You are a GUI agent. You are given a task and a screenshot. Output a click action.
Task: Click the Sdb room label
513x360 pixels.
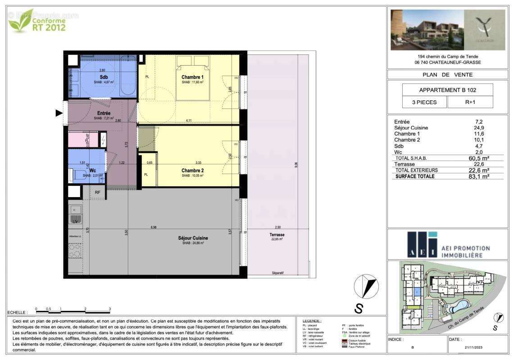click(x=104, y=77)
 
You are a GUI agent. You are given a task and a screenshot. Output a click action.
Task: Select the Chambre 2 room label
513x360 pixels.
click(x=193, y=171)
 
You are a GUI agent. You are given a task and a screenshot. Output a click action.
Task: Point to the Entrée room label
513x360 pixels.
click(x=104, y=113)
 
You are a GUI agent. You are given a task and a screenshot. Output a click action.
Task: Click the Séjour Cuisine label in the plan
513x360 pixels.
click(x=193, y=238)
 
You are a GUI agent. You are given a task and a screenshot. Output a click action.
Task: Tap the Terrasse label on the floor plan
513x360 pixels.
click(x=277, y=234)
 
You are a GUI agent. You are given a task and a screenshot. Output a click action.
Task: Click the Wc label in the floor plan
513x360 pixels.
click(x=92, y=171)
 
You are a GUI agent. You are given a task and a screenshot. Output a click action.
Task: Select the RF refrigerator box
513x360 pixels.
click(x=98, y=193)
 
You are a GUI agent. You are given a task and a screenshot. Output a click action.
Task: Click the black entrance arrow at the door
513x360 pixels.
click(x=59, y=113)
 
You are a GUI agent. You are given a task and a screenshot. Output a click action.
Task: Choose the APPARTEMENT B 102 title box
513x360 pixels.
click(x=447, y=90)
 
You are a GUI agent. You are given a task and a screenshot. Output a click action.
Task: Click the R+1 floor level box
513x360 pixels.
click(x=470, y=102)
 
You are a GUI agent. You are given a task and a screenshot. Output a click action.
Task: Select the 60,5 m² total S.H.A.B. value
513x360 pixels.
click(x=479, y=158)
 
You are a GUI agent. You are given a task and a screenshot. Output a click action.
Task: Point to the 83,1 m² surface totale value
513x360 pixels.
click(x=479, y=176)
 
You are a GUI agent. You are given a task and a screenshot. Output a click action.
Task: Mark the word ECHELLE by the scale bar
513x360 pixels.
click(x=18, y=312)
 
